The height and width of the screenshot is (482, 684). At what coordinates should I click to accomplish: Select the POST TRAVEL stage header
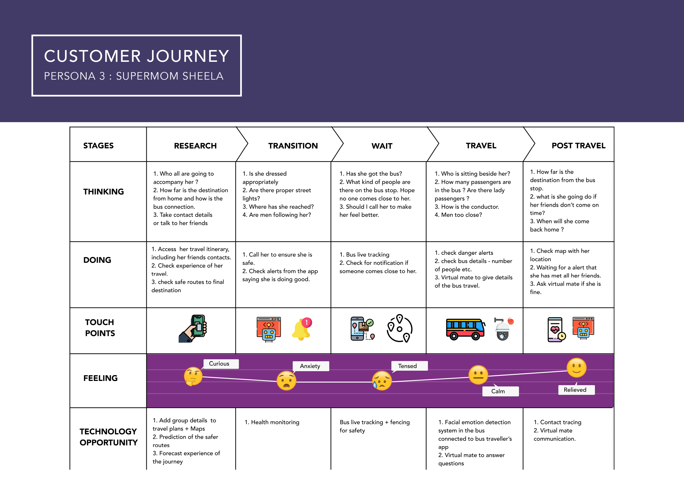tap(578, 146)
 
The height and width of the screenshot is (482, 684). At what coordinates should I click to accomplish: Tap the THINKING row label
tap(103, 191)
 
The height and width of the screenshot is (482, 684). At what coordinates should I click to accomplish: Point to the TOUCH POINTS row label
tap(100, 328)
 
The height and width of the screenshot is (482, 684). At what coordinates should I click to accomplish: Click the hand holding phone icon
tap(193, 329)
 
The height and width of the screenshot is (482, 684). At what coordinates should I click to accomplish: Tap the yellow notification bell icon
tap(302, 329)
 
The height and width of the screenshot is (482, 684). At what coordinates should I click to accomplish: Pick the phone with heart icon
tap(556, 329)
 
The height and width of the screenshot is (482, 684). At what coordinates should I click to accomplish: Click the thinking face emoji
tap(193, 376)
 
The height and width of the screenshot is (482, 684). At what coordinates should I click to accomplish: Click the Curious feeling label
tap(219, 364)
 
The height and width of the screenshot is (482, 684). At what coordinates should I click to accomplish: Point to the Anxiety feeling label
tap(310, 366)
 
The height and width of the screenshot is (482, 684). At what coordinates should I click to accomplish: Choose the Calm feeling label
tap(498, 391)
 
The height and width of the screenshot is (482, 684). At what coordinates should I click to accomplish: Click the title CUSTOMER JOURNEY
tap(137, 56)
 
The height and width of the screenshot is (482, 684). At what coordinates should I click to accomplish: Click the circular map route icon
tap(399, 329)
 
